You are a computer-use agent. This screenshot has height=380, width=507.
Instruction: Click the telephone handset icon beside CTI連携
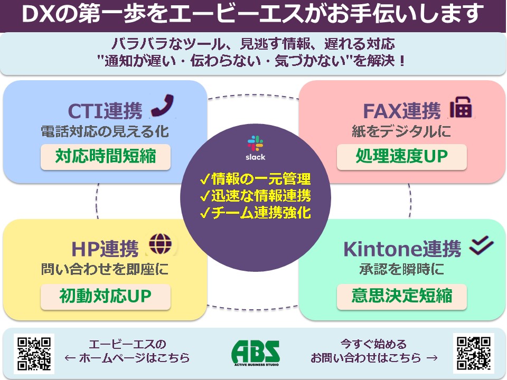tap(162, 106)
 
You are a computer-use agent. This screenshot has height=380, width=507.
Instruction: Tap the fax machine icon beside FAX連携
tap(461, 107)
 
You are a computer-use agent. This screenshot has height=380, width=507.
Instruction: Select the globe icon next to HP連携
tap(160, 244)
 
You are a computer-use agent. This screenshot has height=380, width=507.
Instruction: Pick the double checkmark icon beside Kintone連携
tap(481, 245)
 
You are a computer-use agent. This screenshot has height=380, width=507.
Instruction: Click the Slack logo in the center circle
tap(256, 148)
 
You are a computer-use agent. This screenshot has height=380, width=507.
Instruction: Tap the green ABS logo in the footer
tap(256, 353)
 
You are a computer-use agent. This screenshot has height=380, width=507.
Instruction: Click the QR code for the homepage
tap(34, 354)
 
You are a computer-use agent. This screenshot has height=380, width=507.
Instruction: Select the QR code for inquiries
tap(473, 353)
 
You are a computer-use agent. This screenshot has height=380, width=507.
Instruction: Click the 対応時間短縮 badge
tap(106, 157)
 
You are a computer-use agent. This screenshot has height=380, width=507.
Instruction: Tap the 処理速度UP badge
tap(401, 157)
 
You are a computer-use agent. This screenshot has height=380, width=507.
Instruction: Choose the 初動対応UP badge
tap(106, 297)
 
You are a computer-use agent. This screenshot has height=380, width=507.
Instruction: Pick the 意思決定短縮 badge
tap(401, 297)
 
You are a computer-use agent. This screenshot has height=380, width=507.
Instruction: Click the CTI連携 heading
tap(105, 111)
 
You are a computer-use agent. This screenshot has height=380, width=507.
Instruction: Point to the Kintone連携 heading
tap(402, 249)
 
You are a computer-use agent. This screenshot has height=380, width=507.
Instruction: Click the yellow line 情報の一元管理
tap(256, 179)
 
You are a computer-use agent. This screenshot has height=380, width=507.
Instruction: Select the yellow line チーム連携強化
tap(256, 212)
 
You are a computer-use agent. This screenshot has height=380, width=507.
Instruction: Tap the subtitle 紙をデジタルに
tap(401, 131)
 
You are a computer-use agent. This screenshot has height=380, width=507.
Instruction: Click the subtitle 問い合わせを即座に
tap(105, 269)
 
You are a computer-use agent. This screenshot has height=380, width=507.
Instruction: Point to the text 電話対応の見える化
tap(105, 131)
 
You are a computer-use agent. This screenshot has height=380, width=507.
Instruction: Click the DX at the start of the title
tap(37, 14)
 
